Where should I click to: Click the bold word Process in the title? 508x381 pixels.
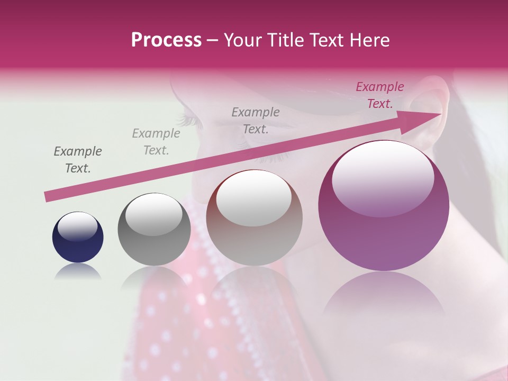pos(166,40)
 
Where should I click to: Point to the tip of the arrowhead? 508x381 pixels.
pos(441,114)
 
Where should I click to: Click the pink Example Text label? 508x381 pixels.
pos(379,95)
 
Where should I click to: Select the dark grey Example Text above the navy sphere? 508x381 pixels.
pos(78,160)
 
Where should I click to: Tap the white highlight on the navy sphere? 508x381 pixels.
pos(78,226)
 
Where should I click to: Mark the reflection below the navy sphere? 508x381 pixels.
pos(78,272)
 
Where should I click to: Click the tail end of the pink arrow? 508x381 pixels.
pos(47,197)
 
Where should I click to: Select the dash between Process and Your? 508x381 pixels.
pos(212,40)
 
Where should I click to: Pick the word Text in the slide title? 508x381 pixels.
pos(323,40)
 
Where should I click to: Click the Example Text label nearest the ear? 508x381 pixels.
pos(379,95)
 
